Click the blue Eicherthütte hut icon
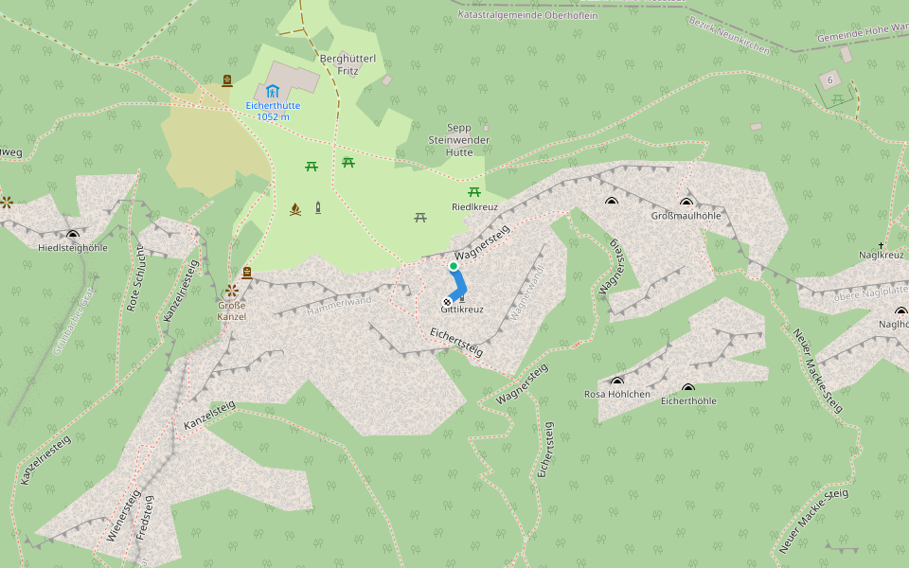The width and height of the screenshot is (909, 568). click(x=273, y=91)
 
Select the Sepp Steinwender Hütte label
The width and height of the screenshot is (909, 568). click(x=458, y=139)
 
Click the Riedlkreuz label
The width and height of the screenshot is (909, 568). click(x=474, y=206)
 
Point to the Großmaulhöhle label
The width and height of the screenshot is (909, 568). click(x=686, y=216)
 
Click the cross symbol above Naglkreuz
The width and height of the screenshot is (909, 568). click(x=881, y=245)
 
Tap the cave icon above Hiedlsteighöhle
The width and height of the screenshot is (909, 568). click(x=73, y=234)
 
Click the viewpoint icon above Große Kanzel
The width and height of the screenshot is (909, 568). click(x=231, y=290)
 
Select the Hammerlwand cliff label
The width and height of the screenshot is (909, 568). click(x=339, y=305)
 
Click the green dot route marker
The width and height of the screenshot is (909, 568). click(x=454, y=267)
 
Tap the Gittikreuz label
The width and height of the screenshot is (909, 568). click(x=462, y=310)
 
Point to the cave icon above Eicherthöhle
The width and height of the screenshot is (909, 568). click(x=688, y=388)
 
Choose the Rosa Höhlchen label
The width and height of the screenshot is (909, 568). click(x=616, y=395)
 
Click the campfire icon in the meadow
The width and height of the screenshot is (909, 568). click(x=295, y=209)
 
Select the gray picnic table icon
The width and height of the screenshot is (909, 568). click(x=420, y=218)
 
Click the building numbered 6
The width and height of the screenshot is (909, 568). click(x=829, y=78)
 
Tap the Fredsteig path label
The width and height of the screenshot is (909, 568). click(x=145, y=518)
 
